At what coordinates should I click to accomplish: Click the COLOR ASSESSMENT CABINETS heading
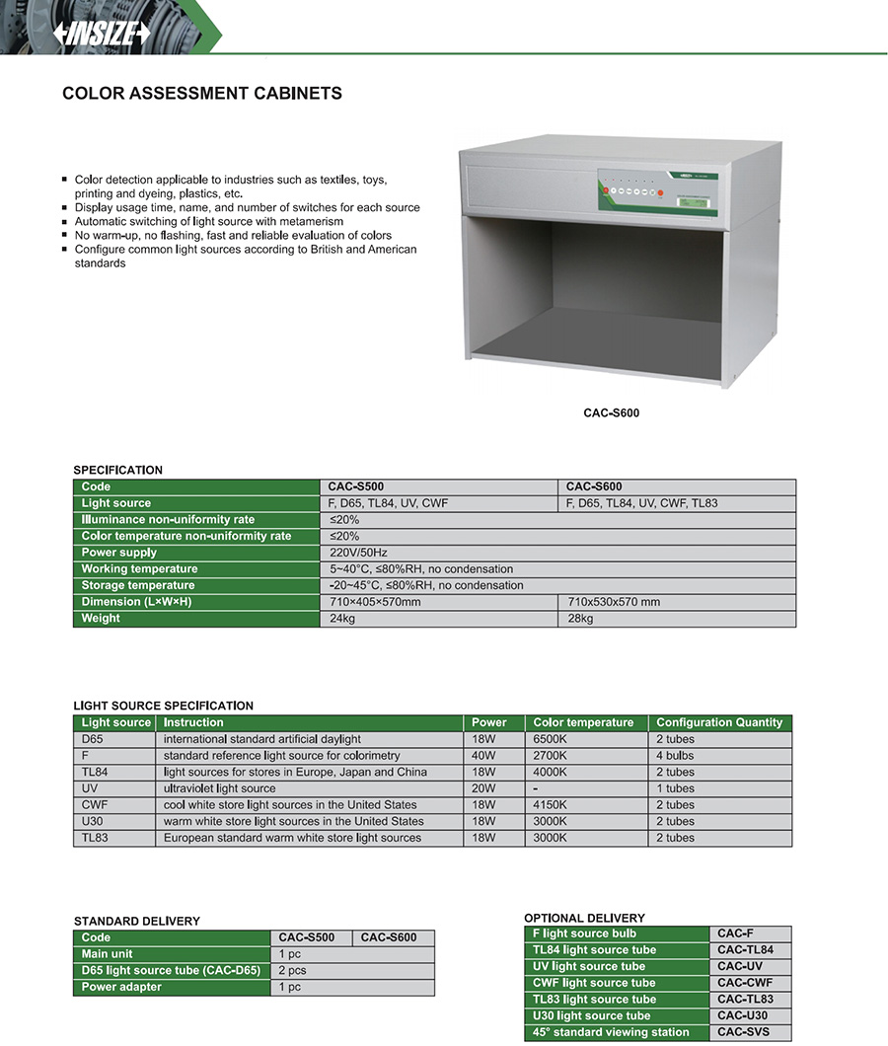point(202,94)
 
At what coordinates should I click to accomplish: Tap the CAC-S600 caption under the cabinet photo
point(611,412)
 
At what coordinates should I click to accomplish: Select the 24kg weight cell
point(343,619)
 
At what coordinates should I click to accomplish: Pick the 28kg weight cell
point(581,619)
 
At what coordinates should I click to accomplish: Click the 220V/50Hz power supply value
point(360,553)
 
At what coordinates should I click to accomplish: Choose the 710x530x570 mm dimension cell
point(614,602)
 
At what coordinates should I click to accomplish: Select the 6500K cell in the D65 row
point(550,739)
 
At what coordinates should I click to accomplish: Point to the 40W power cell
point(483,756)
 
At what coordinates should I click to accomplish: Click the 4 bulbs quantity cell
point(675,756)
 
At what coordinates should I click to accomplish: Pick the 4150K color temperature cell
point(550,805)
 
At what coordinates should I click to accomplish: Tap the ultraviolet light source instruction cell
point(220,788)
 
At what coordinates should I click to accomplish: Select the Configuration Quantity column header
point(719,722)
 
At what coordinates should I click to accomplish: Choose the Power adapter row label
point(121,987)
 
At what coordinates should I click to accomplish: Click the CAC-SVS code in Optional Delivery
point(743,1032)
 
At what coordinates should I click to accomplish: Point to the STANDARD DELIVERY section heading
point(137,921)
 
